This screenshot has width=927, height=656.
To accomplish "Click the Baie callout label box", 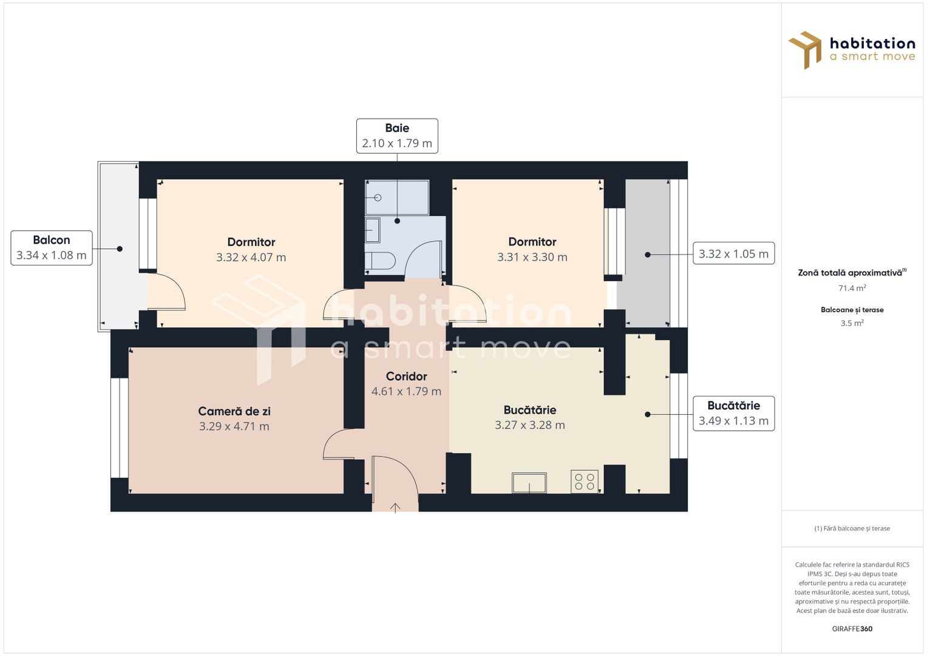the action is click(397, 136).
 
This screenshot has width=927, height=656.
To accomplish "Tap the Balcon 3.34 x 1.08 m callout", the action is click(52, 248).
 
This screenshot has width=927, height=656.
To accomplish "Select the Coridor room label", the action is click(406, 376).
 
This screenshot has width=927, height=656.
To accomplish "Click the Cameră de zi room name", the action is click(234, 411).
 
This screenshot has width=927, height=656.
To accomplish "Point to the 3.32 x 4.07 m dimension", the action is click(251, 257).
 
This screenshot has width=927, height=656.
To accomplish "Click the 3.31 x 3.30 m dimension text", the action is click(532, 257).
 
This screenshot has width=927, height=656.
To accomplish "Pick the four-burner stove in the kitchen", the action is click(585, 481).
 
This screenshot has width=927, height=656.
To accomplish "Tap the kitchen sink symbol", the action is click(529, 483).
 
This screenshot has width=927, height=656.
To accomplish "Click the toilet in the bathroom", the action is click(380, 261).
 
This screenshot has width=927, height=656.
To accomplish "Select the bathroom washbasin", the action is click(372, 230).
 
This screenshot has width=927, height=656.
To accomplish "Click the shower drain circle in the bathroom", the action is click(378, 197).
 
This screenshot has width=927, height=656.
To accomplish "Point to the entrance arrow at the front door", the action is click(395, 508).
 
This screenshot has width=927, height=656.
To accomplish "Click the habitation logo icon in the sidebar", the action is click(806, 50).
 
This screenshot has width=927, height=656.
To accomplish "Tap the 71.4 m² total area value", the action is click(852, 288).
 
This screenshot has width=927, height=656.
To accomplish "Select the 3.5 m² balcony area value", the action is click(852, 323).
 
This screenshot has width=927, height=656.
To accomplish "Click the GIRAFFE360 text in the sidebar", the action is click(852, 629).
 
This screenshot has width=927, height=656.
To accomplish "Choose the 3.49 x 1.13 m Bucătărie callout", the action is click(734, 413).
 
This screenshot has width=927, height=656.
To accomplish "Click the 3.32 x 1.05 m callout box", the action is click(734, 253).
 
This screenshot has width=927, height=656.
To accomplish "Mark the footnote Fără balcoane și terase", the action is click(852, 528).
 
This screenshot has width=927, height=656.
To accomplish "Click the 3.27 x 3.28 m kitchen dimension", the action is click(530, 425).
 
